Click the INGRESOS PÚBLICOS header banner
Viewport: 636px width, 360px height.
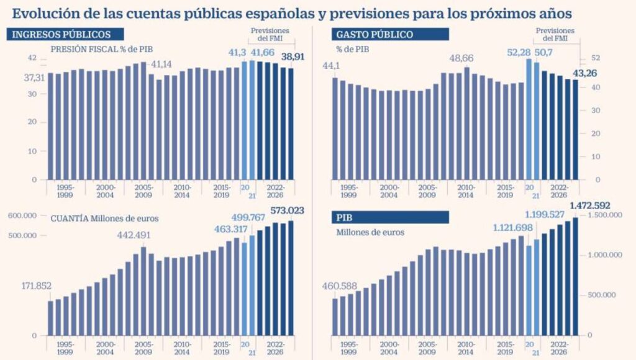coord(66,35)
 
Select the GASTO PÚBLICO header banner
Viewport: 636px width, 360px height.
coord(390,35)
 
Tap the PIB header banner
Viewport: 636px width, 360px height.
coord(390,217)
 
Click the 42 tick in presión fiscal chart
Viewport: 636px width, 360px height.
coord(31,58)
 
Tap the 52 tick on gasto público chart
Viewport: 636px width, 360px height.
coord(594,58)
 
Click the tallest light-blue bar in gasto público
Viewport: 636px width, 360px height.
coord(529,119)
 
